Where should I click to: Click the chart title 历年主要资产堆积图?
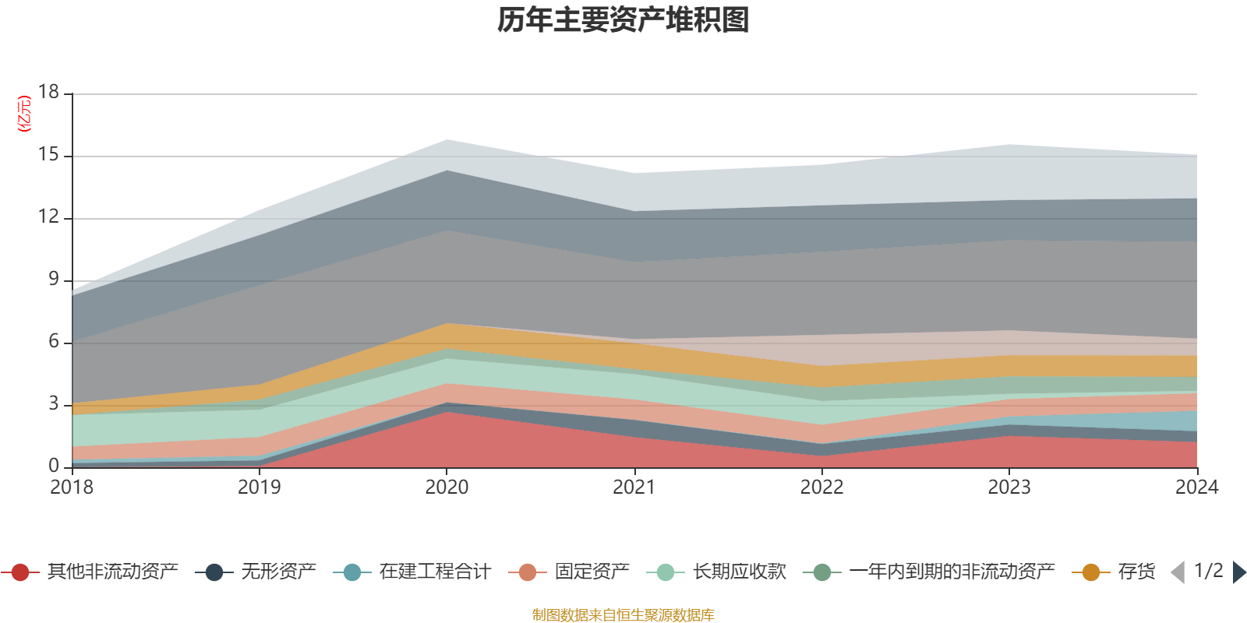[623, 20]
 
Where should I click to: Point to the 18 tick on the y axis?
[49, 92]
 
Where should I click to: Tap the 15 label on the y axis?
[49, 155]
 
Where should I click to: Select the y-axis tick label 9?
[54, 279]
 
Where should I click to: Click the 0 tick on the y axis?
[54, 466]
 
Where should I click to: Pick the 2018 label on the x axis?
[72, 487]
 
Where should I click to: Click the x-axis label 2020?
[447, 487]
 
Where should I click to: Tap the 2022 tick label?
[821, 487]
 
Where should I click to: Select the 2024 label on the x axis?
[1196, 487]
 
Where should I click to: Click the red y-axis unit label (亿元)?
[24, 114]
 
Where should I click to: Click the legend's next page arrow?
[1239, 572]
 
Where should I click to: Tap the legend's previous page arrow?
[1178, 572]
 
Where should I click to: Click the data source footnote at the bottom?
[623, 615]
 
